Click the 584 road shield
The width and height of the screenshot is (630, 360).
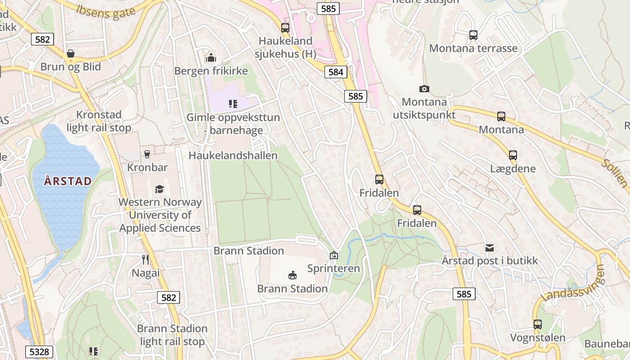tap(336, 72)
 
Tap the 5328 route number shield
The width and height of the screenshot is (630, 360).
tap(39, 351)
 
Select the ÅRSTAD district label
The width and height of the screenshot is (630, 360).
tap(68, 181)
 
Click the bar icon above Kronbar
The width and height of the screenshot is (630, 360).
tap(147, 154)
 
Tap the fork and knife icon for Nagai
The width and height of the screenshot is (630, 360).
tap(145, 260)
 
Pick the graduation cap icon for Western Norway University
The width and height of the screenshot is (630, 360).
tap(159, 189)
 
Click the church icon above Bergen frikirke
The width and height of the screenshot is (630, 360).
tap(211, 58)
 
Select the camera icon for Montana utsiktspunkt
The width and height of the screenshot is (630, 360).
tap(424, 89)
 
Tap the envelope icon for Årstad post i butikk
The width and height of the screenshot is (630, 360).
tap(490, 247)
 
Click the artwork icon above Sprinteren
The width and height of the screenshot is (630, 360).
tap(333, 255)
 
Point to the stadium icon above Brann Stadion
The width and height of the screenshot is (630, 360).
tap(292, 275)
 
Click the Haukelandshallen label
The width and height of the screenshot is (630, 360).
tap(233, 155)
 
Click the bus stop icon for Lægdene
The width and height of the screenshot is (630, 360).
tap(513, 155)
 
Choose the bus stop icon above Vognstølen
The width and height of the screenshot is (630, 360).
tap(537, 324)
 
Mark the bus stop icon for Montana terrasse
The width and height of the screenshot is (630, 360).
tap(473, 35)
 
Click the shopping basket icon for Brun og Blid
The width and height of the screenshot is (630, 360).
tap(71, 54)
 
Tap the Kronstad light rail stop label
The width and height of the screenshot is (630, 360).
tap(99, 121)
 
